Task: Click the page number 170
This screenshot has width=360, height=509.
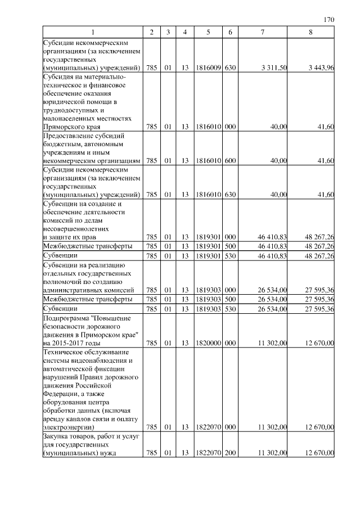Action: [x=330, y=20]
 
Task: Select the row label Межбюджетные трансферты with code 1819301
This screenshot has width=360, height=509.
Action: [x=88, y=246]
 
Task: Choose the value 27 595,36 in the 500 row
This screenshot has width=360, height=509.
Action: [x=320, y=299]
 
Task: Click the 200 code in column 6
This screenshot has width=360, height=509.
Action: [x=229, y=453]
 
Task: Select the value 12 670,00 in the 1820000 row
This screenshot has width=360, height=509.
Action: [x=320, y=342]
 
